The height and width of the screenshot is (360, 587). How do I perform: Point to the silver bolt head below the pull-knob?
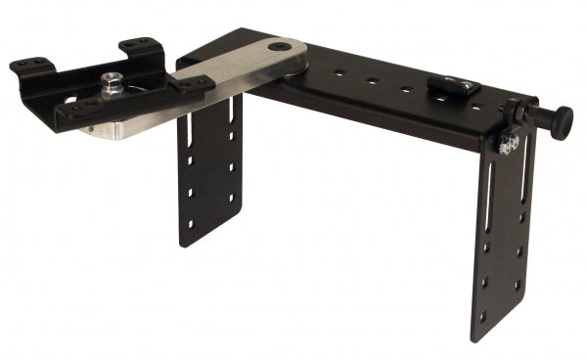point(508,144)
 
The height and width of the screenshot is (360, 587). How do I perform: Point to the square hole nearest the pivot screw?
point(337,70)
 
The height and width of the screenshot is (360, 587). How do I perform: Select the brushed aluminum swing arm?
point(240,69)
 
